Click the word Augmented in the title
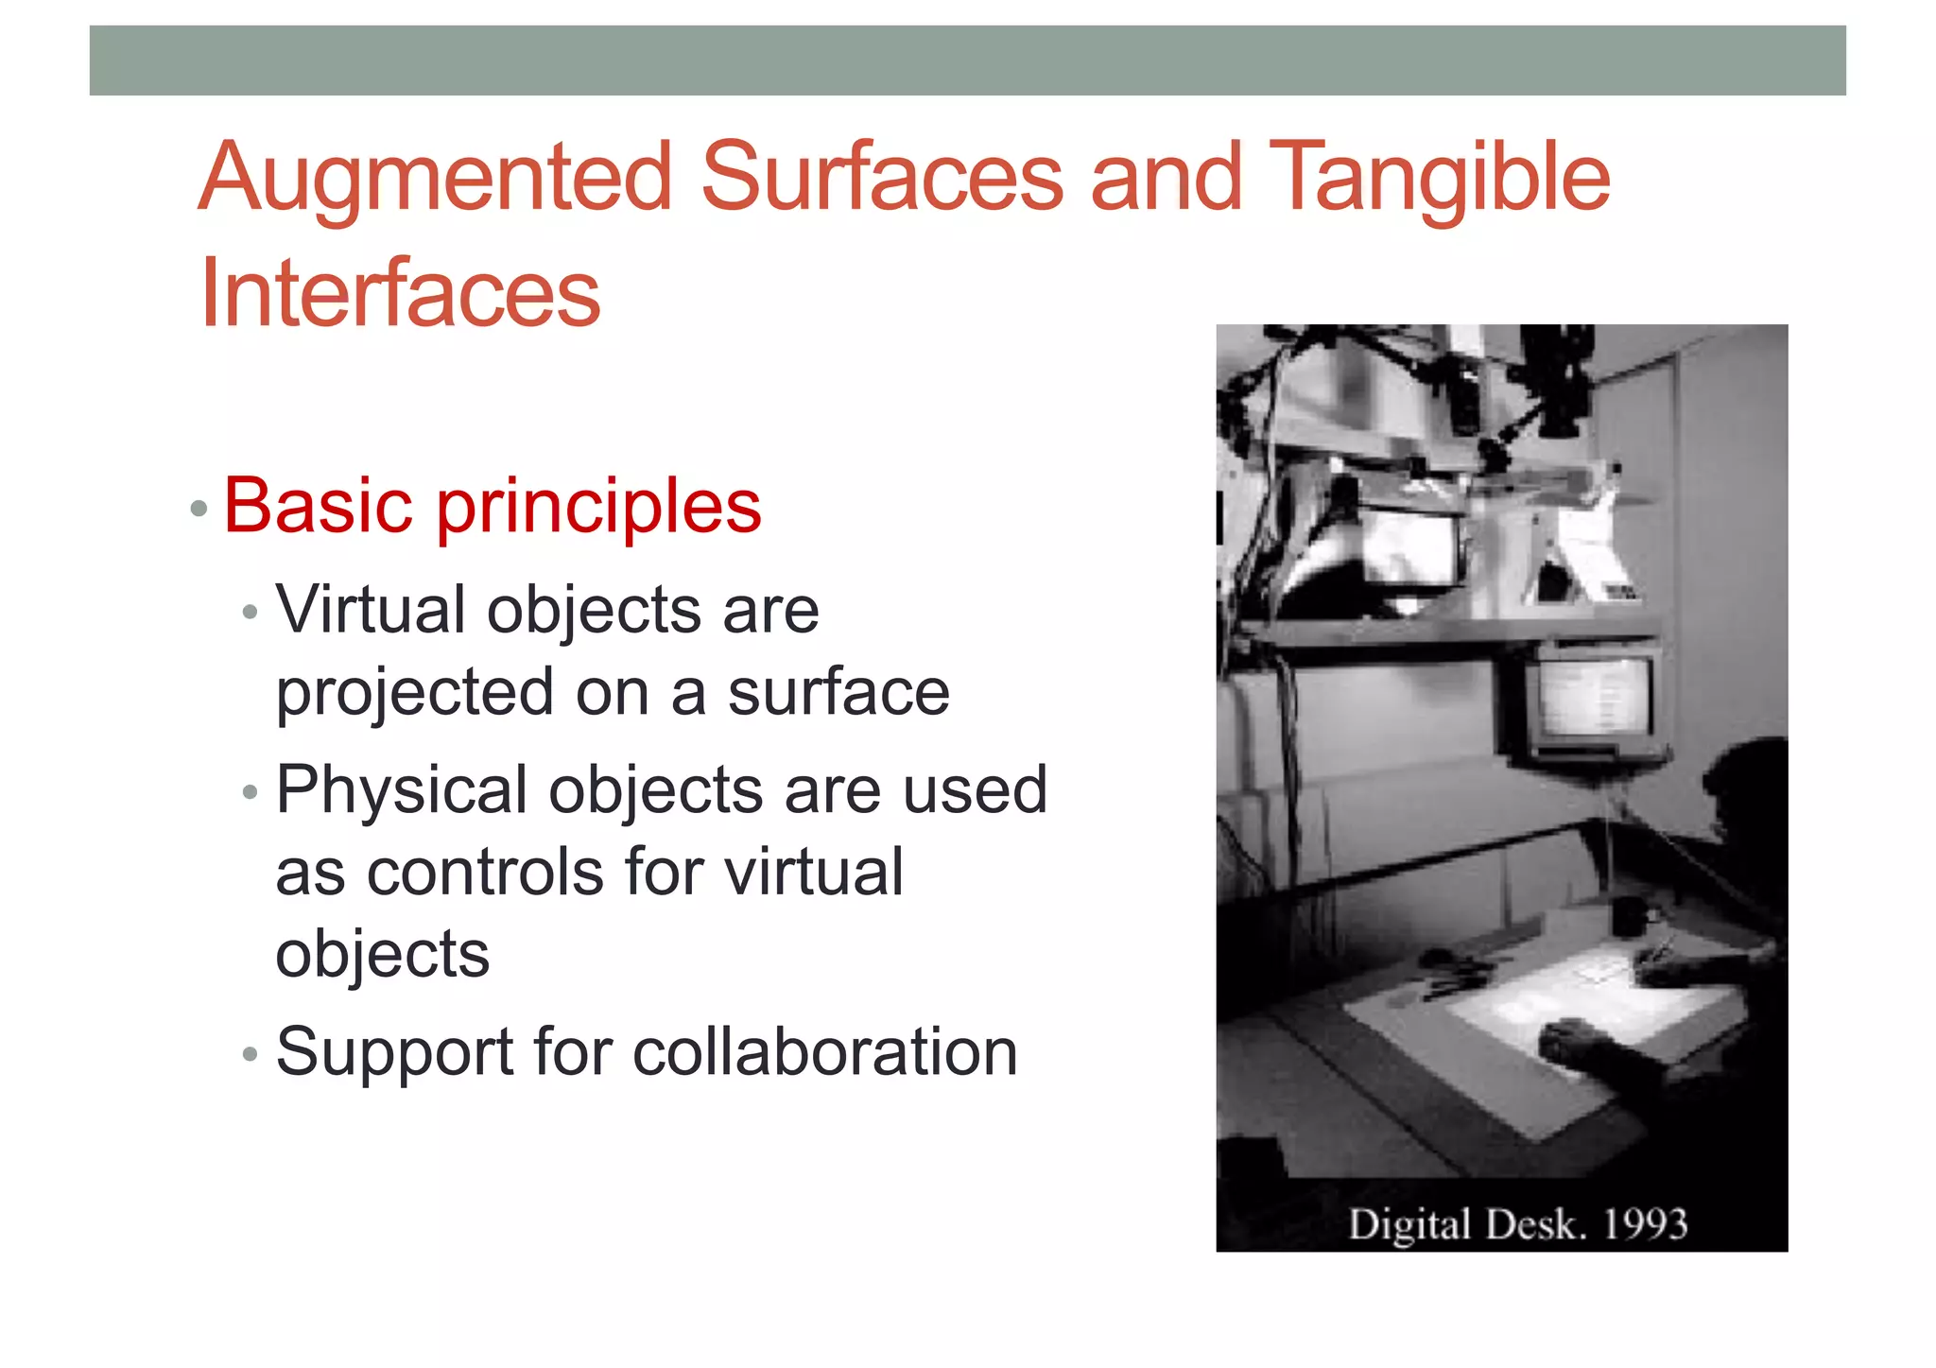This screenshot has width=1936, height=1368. [436, 178]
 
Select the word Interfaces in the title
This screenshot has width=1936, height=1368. [400, 293]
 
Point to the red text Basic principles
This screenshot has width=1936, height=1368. [492, 507]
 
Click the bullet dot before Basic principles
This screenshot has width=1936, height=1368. [199, 510]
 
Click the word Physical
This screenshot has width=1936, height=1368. [401, 789]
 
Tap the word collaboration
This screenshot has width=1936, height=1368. [824, 1051]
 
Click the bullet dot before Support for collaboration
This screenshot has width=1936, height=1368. [250, 1054]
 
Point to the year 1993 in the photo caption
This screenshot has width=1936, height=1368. [1644, 1224]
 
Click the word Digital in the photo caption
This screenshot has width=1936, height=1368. [1409, 1225]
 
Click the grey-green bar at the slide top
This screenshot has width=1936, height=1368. [967, 61]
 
